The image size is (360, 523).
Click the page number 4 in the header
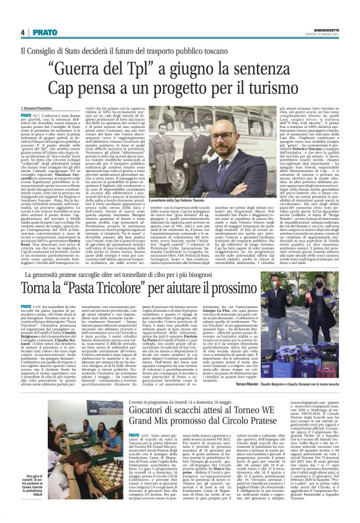[x=23, y=32]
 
